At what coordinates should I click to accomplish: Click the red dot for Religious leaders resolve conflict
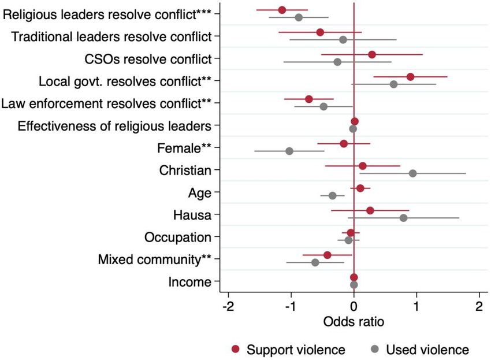coord(282,10)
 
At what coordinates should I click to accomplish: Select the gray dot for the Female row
coord(289,151)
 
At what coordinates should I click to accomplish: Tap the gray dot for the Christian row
coord(412,173)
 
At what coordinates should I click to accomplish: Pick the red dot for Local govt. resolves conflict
coord(410,77)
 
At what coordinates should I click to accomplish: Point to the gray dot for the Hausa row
coord(403,218)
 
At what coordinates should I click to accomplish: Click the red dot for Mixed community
coord(327,255)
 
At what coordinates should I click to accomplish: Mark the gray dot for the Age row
coord(332,195)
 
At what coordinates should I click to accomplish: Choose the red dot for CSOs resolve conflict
coord(372,54)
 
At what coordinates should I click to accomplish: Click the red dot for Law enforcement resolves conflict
coord(309,99)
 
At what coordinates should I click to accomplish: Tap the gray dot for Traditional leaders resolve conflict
coord(343,40)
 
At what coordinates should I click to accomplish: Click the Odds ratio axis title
coord(354,321)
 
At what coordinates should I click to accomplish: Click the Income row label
coord(189,282)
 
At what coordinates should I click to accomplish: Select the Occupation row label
coord(178,237)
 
